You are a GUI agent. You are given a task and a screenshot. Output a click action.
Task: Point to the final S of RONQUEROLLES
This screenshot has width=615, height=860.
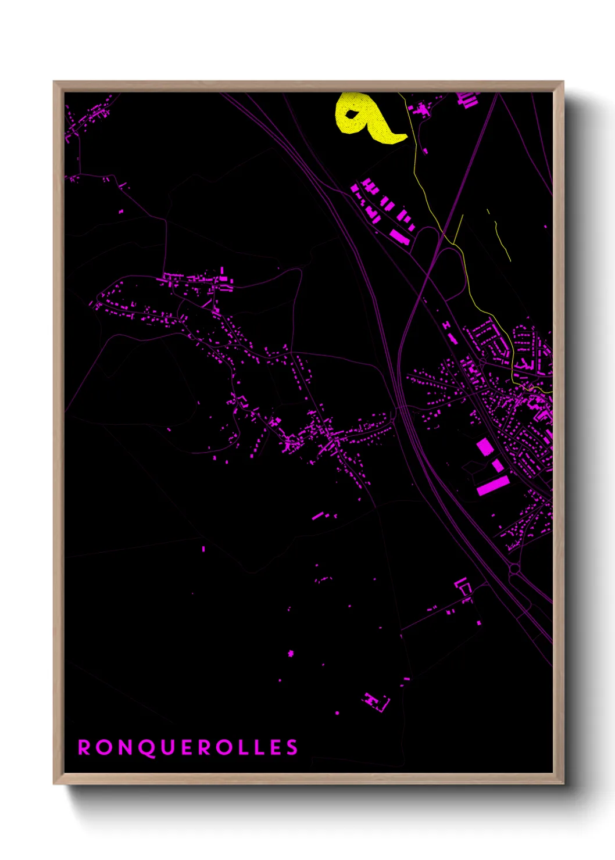[291, 747]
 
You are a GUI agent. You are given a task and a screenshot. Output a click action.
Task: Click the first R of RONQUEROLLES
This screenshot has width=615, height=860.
[84, 747]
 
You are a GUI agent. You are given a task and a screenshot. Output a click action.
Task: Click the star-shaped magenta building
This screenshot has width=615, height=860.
[291, 654]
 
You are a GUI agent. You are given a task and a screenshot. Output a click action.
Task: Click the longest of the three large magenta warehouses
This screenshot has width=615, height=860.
[492, 485]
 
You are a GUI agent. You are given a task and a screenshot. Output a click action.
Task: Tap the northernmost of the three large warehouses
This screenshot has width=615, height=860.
[485, 447]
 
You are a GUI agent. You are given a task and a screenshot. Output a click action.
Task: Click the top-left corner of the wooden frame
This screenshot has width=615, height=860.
[55, 83]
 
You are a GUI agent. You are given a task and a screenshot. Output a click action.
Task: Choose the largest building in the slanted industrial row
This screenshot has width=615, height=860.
[399, 237]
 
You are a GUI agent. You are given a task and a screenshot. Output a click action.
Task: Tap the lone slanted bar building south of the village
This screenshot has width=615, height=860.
[317, 515]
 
